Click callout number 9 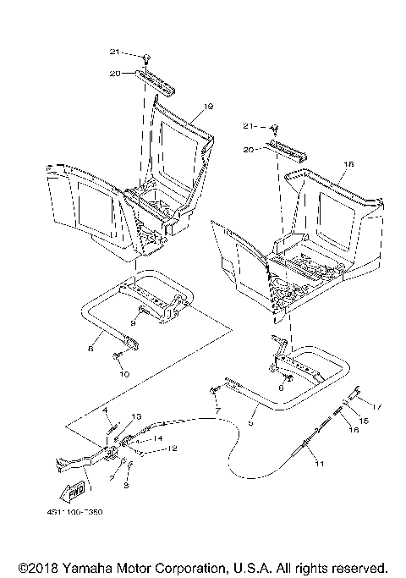(x=132, y=323)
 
